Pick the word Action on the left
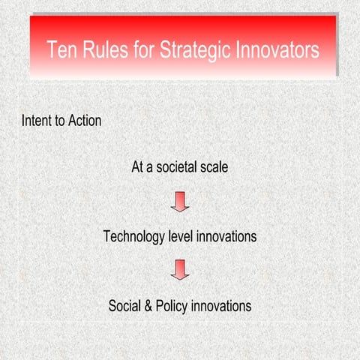click(84, 120)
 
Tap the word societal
click(178, 166)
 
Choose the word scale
click(215, 166)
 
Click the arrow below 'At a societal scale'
click(180, 201)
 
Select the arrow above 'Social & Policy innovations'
click(180, 270)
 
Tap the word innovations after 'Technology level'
click(229, 236)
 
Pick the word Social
click(125, 306)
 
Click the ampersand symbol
click(151, 306)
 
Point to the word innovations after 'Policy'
click(223, 306)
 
